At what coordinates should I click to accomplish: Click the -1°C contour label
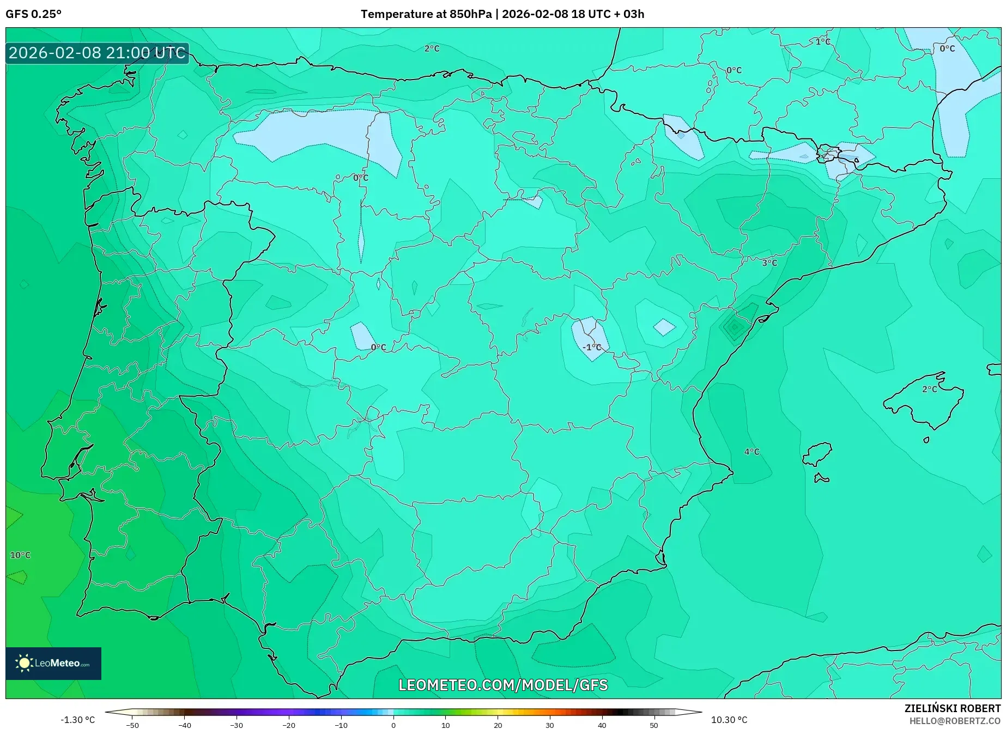pyautogui.click(x=592, y=347)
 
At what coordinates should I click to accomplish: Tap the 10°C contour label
pyautogui.click(x=21, y=555)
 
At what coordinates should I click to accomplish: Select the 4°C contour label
pyautogui.click(x=752, y=452)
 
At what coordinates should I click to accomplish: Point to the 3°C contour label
pyautogui.click(x=769, y=263)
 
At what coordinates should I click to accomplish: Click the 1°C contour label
pyautogui.click(x=823, y=41)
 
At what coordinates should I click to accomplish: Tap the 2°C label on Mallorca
pyautogui.click(x=930, y=389)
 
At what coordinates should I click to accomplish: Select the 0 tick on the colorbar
pyautogui.click(x=393, y=725)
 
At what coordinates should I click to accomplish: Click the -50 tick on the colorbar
pyautogui.click(x=132, y=725)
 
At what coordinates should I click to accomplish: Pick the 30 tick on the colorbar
pyautogui.click(x=549, y=725)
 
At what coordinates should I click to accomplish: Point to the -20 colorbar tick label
pyautogui.click(x=289, y=725)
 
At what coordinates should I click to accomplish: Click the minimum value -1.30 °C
pyautogui.click(x=77, y=720)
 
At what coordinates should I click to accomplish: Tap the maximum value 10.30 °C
pyautogui.click(x=729, y=720)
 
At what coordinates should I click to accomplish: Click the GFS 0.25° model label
pyautogui.click(x=34, y=14)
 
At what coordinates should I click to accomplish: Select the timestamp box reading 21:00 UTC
pyautogui.click(x=97, y=53)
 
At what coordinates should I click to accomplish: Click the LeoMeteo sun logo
pyautogui.click(x=24, y=663)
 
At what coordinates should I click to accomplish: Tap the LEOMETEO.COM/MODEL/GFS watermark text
pyautogui.click(x=503, y=685)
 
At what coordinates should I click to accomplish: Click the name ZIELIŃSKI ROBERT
pyautogui.click(x=952, y=708)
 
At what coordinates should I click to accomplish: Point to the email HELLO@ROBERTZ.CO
pyautogui.click(x=954, y=721)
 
